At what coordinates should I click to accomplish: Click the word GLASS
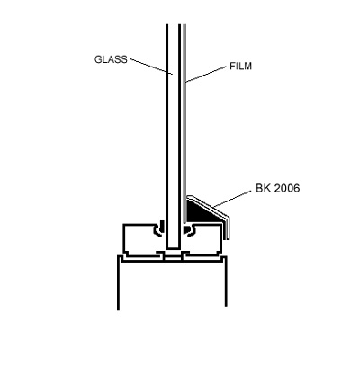click(x=111, y=59)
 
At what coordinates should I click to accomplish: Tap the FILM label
click(x=240, y=66)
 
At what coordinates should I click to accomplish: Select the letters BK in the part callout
click(x=263, y=188)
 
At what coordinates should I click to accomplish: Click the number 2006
click(x=286, y=188)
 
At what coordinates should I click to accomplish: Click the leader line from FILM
click(x=206, y=75)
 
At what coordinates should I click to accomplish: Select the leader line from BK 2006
click(x=233, y=199)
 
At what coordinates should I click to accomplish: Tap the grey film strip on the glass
click(x=184, y=123)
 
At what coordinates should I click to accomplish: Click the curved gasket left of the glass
click(x=159, y=228)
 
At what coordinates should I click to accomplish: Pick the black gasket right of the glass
click(x=188, y=229)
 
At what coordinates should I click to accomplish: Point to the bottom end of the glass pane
click(x=173, y=248)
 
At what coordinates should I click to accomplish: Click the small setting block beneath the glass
click(x=173, y=257)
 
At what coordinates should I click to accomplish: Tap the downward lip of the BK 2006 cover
click(x=227, y=230)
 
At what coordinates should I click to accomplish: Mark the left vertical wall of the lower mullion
click(x=119, y=282)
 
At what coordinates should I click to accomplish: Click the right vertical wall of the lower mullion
click(x=226, y=281)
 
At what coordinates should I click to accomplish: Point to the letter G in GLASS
click(x=98, y=59)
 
